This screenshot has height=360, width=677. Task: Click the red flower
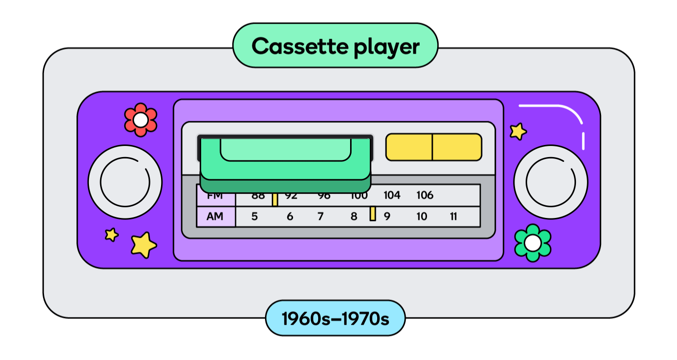tap(140, 119)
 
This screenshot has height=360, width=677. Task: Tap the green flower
tap(532, 243)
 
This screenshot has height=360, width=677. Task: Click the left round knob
tap(125, 182)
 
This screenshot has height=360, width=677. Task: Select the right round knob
tap(551, 182)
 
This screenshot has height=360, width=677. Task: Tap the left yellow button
tap(409, 147)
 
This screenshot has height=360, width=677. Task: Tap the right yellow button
tap(457, 147)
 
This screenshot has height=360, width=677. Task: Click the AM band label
tap(215, 216)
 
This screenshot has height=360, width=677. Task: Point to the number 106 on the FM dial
tap(425, 196)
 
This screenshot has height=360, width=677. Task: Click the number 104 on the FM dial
tap(392, 196)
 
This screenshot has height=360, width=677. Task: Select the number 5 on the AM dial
tap(254, 216)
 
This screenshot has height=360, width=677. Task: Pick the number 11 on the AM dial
tap(453, 216)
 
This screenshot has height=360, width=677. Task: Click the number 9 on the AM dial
tap(387, 216)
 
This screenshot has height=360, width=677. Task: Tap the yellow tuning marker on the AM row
tap(373, 214)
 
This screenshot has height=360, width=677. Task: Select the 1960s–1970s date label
tap(335, 318)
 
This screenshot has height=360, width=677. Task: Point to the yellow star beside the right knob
tap(518, 131)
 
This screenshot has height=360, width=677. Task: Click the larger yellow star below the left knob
tap(144, 244)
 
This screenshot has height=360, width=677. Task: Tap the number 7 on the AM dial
tap(320, 216)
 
